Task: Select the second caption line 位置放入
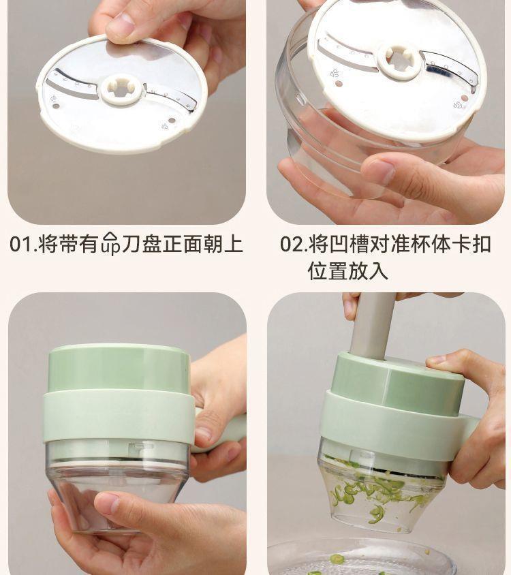(347, 270)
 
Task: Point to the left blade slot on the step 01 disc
(72, 86)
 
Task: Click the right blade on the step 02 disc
(450, 67)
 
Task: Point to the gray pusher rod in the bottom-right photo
(372, 324)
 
